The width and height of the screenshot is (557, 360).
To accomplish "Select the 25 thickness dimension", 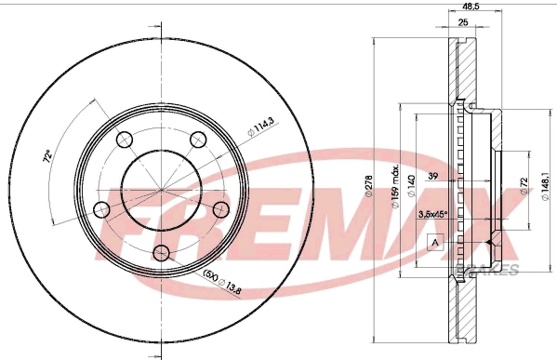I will pyautogui.click(x=461, y=23).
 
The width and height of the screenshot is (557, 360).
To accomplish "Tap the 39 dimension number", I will pyautogui.click(x=432, y=174).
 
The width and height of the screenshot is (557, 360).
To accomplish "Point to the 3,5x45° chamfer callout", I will pyautogui.click(x=433, y=215).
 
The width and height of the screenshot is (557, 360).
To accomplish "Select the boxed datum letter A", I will pyautogui.click(x=433, y=244).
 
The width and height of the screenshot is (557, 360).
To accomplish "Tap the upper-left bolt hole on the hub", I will pyautogui.click(x=124, y=140).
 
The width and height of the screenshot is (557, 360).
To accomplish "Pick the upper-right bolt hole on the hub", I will pyautogui.click(x=197, y=140).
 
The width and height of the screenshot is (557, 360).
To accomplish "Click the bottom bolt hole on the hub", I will pyautogui.click(x=161, y=252).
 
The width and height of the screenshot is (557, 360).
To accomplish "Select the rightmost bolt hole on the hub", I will pyautogui.click(x=219, y=208).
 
